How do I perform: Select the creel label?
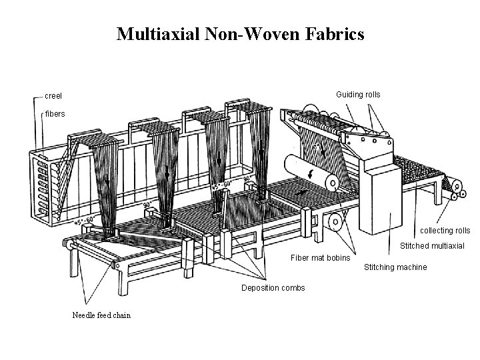(53, 96)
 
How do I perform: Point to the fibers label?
(55, 114)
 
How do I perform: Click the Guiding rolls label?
(358, 95)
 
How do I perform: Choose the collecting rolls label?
(445, 231)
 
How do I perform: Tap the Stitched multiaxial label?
(432, 246)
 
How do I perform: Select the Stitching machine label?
(395, 268)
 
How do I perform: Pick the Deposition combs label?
(273, 288)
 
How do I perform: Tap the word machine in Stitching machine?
(411, 268)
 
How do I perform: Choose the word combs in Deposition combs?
(293, 288)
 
